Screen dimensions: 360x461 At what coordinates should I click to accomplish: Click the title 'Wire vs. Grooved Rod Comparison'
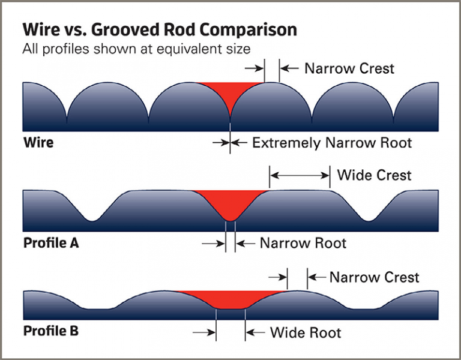[x=159, y=30]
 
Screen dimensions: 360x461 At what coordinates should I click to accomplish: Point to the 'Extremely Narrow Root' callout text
[x=332, y=143]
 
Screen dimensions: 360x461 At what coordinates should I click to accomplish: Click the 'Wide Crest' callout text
[x=374, y=175]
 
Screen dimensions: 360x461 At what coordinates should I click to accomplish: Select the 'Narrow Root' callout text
[x=303, y=244]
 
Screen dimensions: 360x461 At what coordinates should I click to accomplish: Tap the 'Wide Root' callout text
[x=306, y=332]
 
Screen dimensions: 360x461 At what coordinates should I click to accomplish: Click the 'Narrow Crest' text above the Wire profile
[x=349, y=68]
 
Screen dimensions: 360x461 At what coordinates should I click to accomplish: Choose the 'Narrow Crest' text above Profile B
[x=374, y=277]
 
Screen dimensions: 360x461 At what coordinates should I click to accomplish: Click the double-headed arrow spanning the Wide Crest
[x=300, y=175]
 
